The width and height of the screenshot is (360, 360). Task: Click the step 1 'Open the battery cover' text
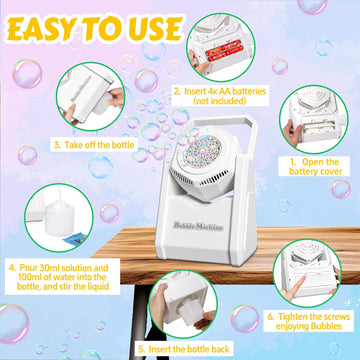pyautogui.click(x=313, y=165)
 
